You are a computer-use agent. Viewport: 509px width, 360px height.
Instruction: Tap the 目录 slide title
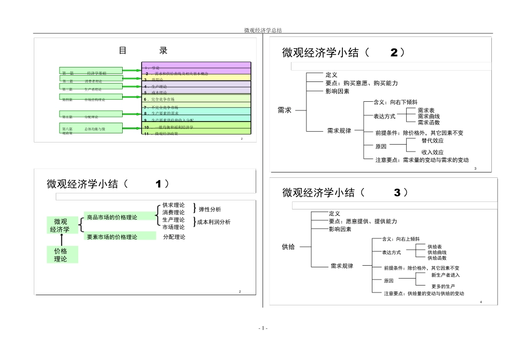(143, 51)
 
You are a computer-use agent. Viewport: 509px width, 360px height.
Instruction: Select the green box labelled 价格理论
(61, 254)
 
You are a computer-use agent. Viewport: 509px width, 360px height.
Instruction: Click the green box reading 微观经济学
(60, 226)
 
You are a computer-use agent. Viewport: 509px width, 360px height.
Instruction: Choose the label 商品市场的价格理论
(112, 217)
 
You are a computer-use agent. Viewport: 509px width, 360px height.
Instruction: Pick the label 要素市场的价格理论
(112, 236)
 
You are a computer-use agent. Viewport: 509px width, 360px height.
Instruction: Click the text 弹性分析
(209, 209)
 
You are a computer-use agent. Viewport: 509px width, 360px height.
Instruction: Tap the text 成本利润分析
(214, 222)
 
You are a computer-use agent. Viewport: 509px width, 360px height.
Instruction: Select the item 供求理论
(174, 205)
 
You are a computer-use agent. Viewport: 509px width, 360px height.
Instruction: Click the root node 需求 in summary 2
(285, 110)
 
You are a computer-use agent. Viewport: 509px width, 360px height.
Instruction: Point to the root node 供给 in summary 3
(288, 247)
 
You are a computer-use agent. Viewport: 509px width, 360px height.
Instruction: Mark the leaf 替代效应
(432, 141)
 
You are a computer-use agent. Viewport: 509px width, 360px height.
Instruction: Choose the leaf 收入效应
(432, 152)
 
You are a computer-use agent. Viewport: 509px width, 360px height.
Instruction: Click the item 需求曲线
(429, 116)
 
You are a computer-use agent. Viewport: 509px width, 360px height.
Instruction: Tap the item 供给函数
(437, 258)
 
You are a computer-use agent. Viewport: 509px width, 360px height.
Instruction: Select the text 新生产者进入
(445, 275)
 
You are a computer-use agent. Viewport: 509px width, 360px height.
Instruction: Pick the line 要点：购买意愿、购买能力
(361, 83)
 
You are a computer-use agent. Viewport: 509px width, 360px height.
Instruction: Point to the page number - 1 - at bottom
(263, 327)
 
